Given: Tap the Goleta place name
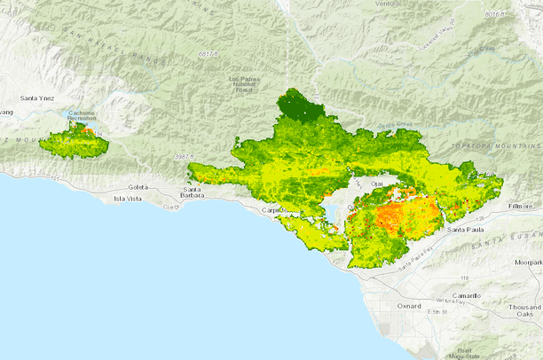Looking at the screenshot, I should click(138, 188).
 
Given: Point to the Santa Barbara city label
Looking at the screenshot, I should click(194, 193).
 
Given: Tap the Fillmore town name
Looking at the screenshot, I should click(524, 206).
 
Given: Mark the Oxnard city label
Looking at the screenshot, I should click(410, 306).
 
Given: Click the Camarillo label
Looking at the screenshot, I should click(462, 295).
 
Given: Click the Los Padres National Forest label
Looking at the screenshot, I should click(245, 85).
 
